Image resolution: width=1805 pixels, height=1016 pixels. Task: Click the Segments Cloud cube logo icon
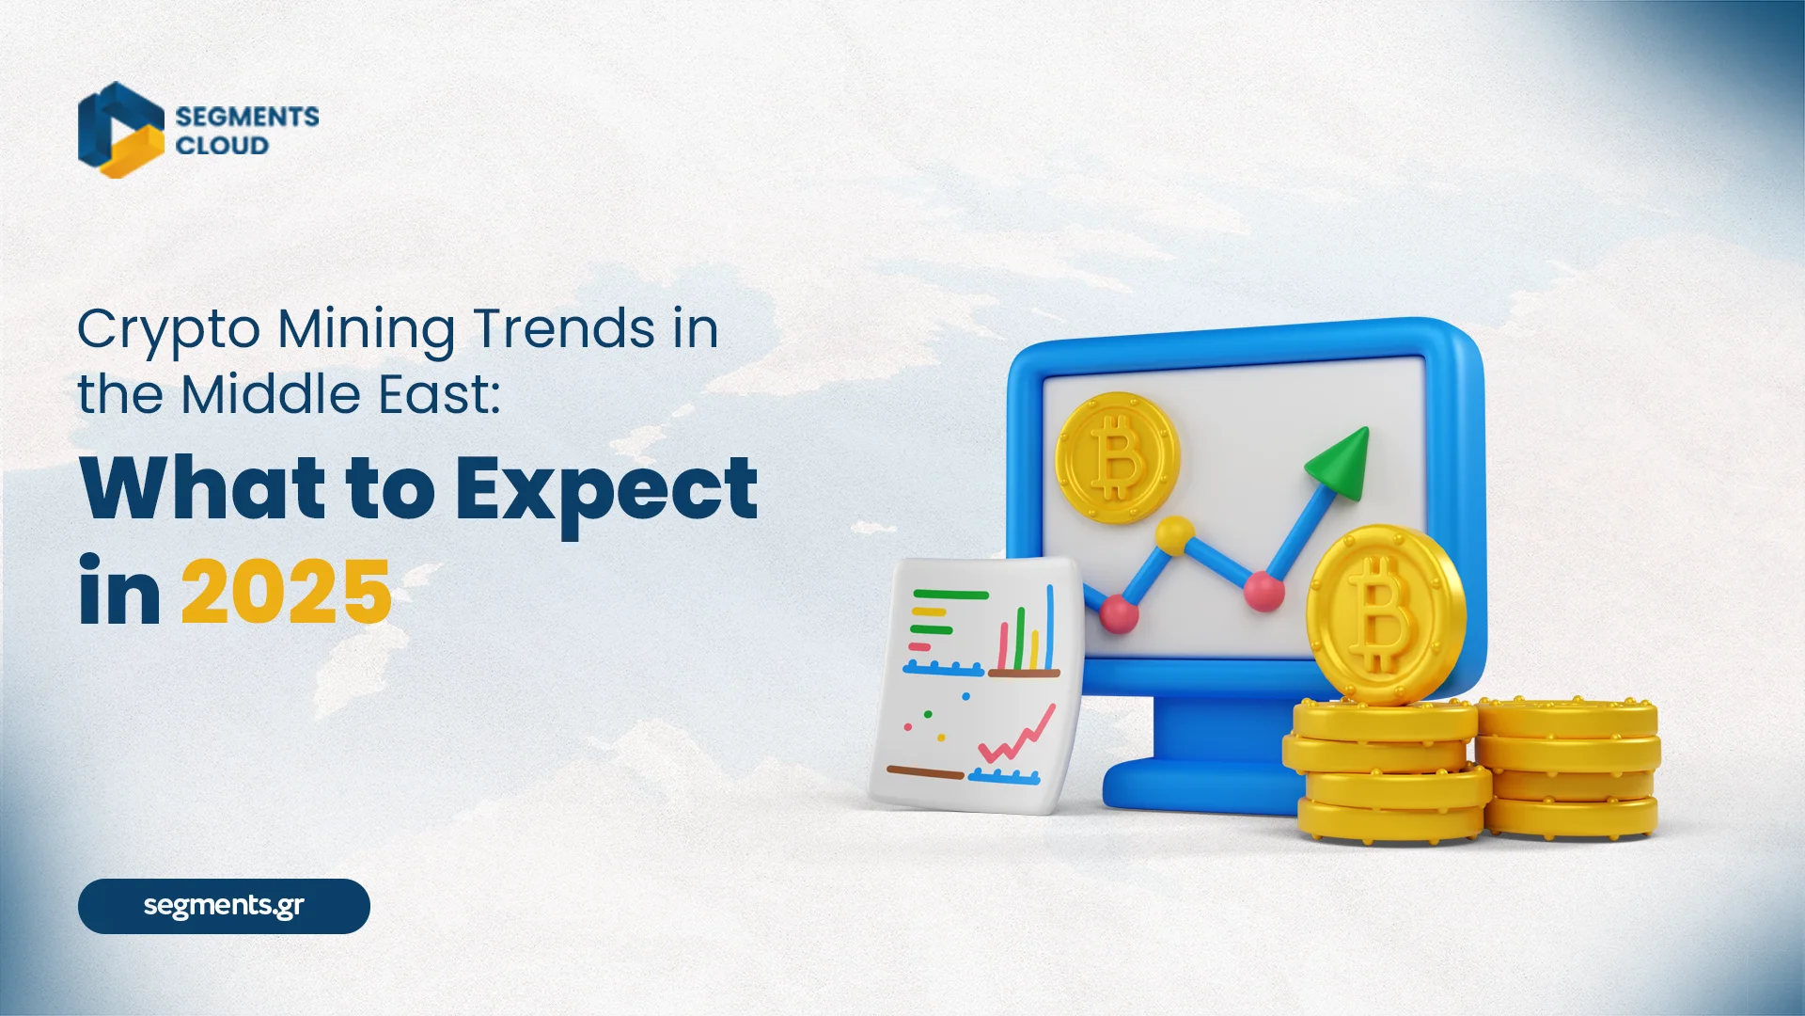coord(120,130)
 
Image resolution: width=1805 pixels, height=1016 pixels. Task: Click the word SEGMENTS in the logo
coord(247,117)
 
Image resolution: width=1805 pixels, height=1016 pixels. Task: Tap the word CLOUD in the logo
coord(222,146)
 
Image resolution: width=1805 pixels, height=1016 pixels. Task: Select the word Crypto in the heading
coord(168,331)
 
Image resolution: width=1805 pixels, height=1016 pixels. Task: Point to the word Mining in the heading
coord(366,331)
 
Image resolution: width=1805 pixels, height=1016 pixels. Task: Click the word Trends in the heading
coord(564,329)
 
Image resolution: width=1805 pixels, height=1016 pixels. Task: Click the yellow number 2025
coord(286,592)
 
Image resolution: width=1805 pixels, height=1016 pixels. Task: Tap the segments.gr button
coord(224,906)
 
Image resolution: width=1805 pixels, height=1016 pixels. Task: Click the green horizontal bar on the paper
coord(950,595)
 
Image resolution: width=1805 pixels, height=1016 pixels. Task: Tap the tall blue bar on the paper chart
coord(1049,626)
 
